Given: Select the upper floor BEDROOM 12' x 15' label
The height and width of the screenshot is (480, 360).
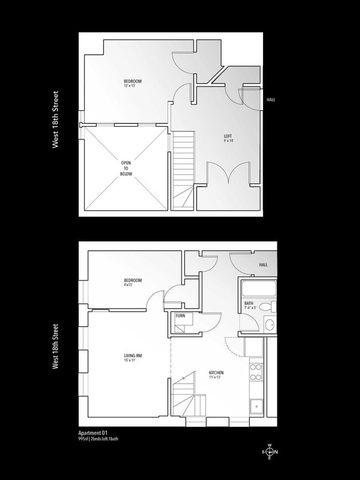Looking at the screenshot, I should pos(133,84).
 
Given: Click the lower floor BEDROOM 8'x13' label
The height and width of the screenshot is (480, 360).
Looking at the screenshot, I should pos(133,283).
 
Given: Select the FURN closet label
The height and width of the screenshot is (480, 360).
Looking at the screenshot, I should pos(181,316).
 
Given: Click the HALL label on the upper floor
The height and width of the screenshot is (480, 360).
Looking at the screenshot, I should pos(270,100).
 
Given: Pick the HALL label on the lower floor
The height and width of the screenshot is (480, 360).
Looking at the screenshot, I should pos(264,265).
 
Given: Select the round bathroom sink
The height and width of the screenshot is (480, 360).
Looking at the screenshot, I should pos(270,325).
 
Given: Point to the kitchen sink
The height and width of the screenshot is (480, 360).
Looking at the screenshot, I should pos(256,407).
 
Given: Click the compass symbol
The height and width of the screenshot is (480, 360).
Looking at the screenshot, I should pos(270,452).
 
